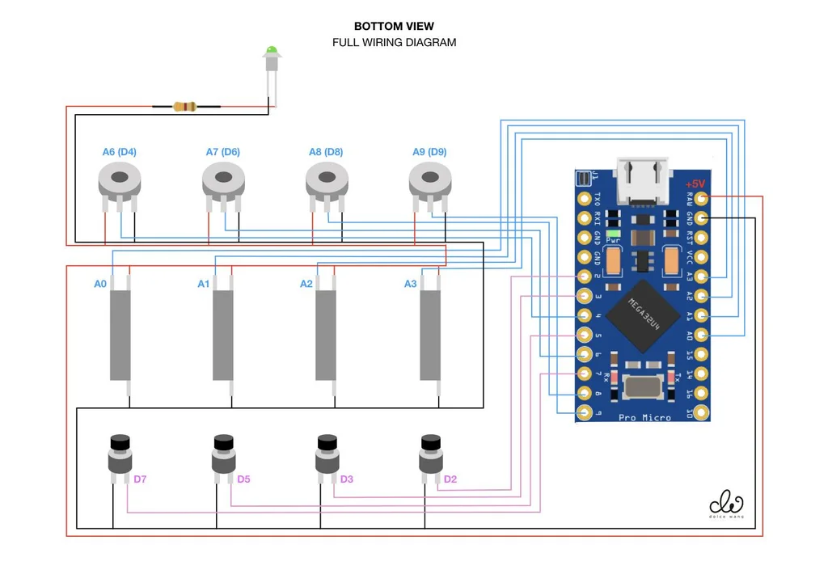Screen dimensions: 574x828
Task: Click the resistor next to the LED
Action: click(x=185, y=106)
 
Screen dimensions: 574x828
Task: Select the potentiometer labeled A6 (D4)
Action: click(x=119, y=179)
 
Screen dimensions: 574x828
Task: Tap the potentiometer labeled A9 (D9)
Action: click(x=429, y=179)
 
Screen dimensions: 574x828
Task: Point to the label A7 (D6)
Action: click(x=222, y=152)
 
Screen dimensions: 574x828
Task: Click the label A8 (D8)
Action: click(x=326, y=152)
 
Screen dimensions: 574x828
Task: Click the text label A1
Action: click(x=204, y=284)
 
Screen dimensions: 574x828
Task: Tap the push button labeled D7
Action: click(x=120, y=456)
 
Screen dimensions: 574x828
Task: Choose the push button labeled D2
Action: click(x=430, y=456)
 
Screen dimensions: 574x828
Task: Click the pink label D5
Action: click(x=243, y=479)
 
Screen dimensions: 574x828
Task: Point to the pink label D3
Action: click(x=347, y=479)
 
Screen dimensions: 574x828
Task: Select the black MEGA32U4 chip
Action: click(x=644, y=315)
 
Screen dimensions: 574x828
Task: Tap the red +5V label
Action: click(x=695, y=183)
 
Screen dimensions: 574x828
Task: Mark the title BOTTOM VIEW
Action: click(x=394, y=27)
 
